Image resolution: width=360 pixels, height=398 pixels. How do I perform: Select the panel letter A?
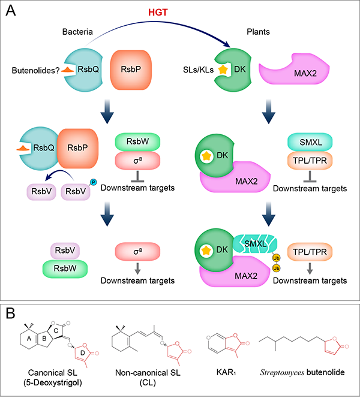pyautogui.click(x=11, y=12)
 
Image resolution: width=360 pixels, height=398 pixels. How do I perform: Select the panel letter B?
pyautogui.click(x=11, y=313)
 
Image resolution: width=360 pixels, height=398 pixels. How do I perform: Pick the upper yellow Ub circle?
pyautogui.click(x=277, y=258)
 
